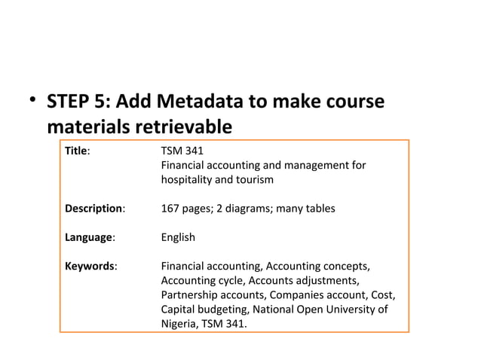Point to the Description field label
pos(95,209)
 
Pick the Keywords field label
pos(90,266)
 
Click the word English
pos(178,237)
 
